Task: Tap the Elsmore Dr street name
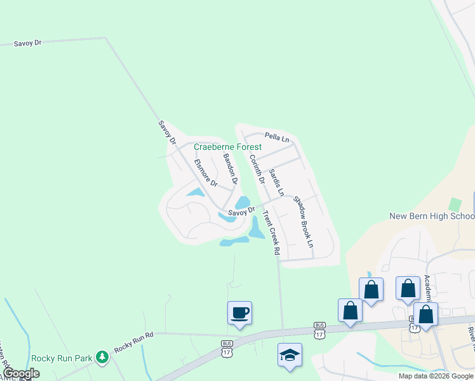click(x=206, y=173)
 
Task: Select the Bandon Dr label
click(x=229, y=169)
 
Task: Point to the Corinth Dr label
click(x=257, y=170)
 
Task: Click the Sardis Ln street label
click(x=276, y=182)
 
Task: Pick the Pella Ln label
click(x=276, y=137)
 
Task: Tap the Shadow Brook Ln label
click(x=304, y=221)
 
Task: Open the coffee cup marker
click(x=239, y=312)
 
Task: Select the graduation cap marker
click(x=290, y=354)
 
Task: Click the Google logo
click(x=21, y=373)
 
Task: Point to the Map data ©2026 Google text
click(x=436, y=376)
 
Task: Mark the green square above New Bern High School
click(x=454, y=204)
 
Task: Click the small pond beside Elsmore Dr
click(x=194, y=192)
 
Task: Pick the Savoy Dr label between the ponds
click(x=241, y=211)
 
